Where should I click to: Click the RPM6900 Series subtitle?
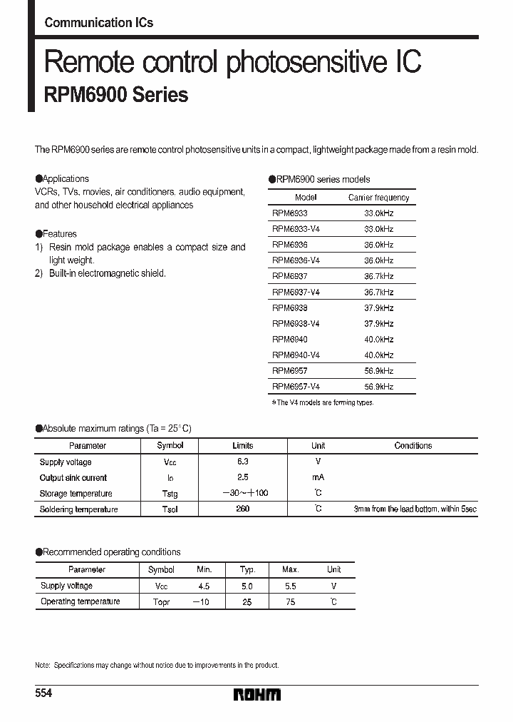tap(116, 95)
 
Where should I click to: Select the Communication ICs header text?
tap(98, 22)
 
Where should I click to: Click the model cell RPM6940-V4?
tap(296, 355)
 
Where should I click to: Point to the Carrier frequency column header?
tap(378, 198)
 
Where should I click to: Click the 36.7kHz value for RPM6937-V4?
tap(378, 292)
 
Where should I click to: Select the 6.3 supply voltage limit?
tap(242, 462)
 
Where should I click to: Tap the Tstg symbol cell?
tap(170, 494)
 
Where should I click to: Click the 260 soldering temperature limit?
tap(242, 509)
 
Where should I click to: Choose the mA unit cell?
tap(318, 478)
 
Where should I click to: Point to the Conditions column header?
tap(413, 445)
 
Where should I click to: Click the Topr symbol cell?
tap(161, 601)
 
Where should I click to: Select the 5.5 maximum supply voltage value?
tap(290, 586)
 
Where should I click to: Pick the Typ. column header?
tap(247, 569)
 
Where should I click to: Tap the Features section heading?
tap(56, 234)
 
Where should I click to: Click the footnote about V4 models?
tap(322, 402)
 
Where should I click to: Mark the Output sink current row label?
tap(73, 478)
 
